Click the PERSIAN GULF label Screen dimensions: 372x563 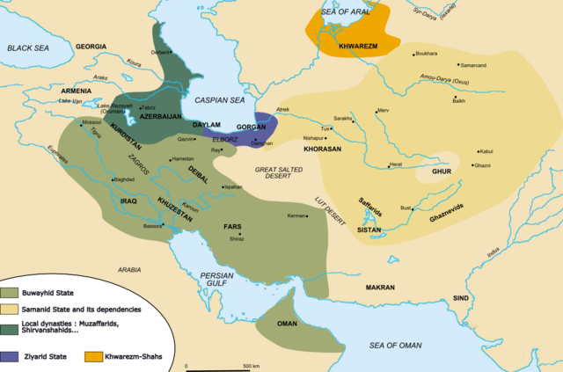[x=216, y=280]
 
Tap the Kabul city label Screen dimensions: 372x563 [x=488, y=150]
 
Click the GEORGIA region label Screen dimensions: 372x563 [x=91, y=46]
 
